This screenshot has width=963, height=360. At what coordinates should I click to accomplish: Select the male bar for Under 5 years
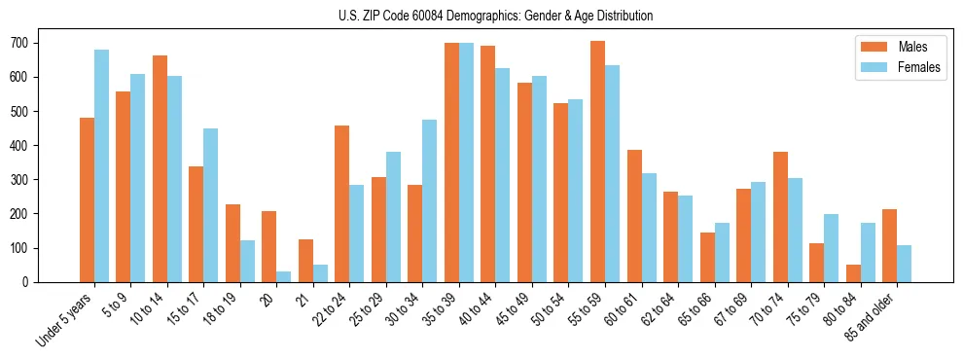point(87,199)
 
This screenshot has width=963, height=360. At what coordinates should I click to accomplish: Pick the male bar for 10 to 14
point(160,168)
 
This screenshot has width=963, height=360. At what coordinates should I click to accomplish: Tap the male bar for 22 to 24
point(341,203)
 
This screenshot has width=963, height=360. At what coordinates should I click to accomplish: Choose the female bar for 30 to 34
point(429,200)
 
